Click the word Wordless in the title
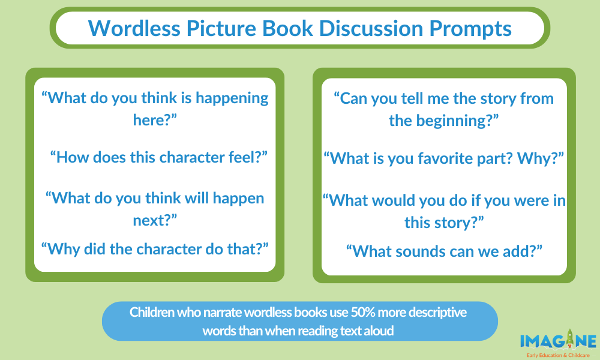click(x=134, y=28)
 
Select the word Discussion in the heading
click(x=371, y=28)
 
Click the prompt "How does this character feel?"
click(x=159, y=157)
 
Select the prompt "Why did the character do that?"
click(x=155, y=249)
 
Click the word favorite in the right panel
click(x=445, y=158)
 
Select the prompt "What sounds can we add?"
click(x=444, y=251)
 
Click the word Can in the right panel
click(x=353, y=99)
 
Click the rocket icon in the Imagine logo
click(x=570, y=338)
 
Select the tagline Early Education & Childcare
click(x=558, y=355)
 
